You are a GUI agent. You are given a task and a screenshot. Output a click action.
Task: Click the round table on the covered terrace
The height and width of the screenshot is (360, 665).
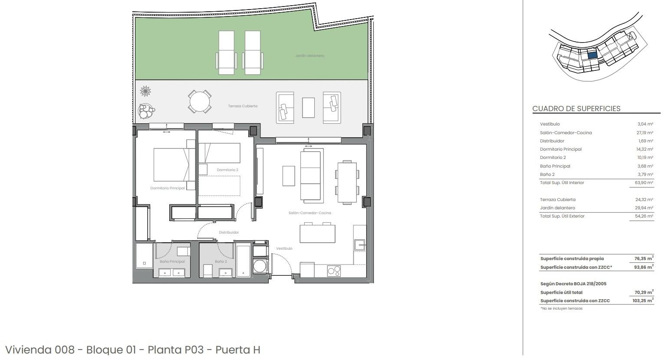point(200,102)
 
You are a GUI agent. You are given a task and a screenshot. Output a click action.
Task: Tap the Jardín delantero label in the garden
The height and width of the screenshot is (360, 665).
point(309,56)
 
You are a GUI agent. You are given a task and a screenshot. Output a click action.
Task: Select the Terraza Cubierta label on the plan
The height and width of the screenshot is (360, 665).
point(243,106)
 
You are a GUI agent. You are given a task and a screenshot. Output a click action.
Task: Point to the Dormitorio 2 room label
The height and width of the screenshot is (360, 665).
point(227,170)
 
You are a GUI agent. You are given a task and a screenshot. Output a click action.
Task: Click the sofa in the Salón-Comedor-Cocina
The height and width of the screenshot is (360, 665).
point(312,176)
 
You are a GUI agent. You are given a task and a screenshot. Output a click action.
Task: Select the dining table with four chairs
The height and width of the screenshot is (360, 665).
point(347,182)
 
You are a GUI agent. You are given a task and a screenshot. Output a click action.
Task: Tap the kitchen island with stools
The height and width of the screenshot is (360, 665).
point(317,234)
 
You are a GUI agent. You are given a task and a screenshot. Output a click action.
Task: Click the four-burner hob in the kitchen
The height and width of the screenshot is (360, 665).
point(334,271)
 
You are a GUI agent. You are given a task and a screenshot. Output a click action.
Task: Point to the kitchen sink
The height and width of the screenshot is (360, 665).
point(359,245)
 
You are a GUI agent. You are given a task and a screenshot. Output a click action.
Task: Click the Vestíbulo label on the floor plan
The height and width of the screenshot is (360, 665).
point(284,248)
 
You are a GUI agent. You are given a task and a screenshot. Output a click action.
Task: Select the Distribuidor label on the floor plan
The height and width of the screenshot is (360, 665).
point(229,232)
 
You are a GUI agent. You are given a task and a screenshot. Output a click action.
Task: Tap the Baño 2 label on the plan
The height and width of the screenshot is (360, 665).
point(221,261)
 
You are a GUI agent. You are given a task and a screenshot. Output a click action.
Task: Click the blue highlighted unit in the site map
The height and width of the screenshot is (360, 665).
point(592,55)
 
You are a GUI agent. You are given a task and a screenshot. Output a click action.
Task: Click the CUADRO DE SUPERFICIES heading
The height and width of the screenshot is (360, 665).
point(576,109)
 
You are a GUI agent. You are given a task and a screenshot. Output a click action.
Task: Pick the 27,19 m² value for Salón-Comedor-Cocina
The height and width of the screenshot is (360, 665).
point(645,132)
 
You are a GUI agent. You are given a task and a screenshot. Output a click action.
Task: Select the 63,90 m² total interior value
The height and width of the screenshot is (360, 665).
point(644,183)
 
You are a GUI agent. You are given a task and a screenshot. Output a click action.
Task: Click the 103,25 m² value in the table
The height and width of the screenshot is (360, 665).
point(642,301)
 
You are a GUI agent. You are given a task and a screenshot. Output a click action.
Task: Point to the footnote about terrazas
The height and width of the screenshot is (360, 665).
point(561,308)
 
